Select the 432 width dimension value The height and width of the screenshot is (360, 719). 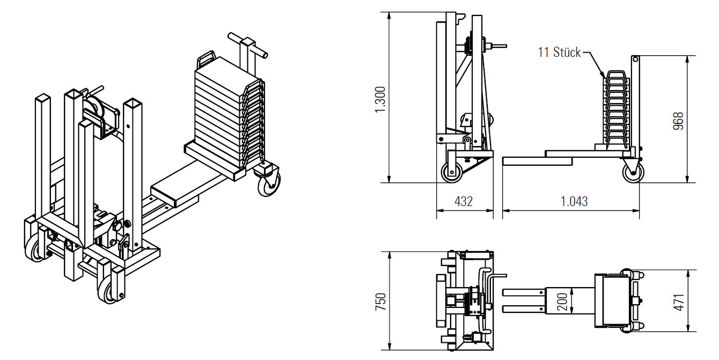464,201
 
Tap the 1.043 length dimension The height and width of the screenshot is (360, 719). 574,201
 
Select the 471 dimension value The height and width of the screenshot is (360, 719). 679,302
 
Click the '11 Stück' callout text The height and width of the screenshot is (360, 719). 559,53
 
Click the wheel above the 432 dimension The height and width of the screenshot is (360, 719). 451,172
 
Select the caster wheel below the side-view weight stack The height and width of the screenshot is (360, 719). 633,172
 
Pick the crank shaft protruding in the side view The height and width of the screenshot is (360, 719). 497,47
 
